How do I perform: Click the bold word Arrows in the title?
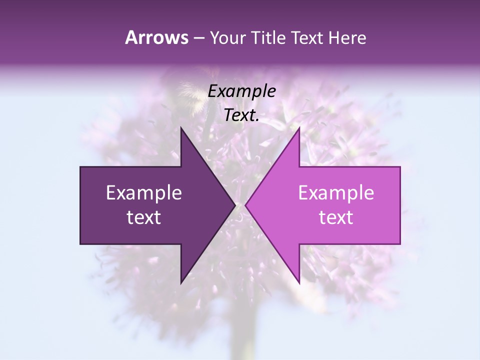click(156, 38)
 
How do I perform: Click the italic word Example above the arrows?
click(241, 91)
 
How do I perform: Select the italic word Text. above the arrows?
click(241, 115)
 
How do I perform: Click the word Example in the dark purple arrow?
click(143, 192)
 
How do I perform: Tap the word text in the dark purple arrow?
click(143, 217)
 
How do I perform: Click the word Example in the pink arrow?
click(336, 192)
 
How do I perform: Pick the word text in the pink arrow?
click(336, 217)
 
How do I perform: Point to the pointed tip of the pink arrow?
click(246, 205)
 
